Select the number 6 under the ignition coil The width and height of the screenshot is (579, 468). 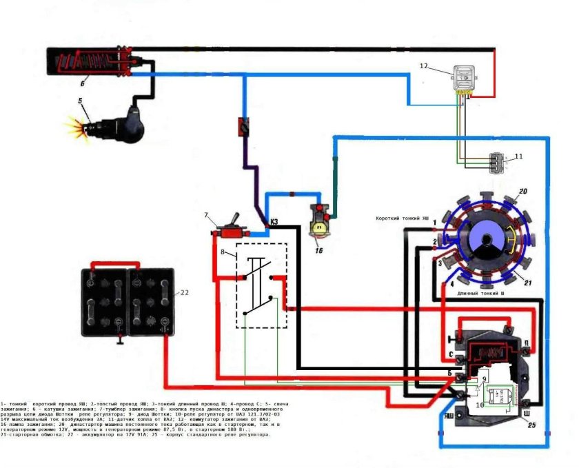(82, 83)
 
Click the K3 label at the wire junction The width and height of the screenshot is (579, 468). (274, 222)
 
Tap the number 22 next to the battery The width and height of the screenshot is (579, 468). (184, 292)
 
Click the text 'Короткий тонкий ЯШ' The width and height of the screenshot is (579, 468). (403, 218)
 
